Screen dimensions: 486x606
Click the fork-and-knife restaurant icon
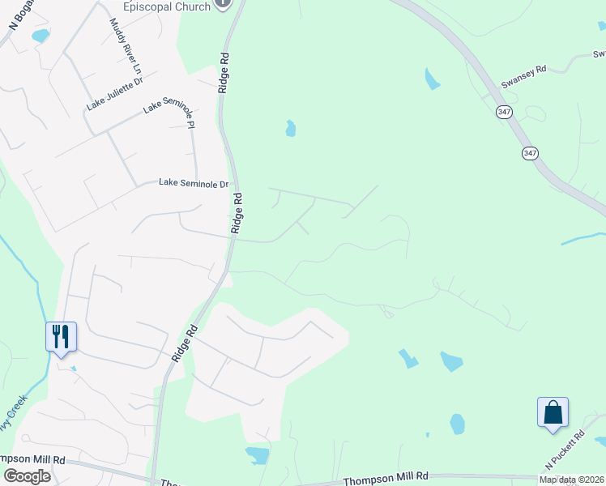point(61,336)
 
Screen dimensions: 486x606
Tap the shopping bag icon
point(553,411)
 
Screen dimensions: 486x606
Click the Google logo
point(27,476)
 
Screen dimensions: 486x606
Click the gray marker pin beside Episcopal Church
point(224,4)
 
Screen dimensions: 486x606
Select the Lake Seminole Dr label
point(194,184)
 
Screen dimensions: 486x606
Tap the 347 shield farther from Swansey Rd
point(531,153)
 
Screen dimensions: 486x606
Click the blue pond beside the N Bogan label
point(40,36)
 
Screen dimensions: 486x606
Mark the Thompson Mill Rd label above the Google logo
point(32,459)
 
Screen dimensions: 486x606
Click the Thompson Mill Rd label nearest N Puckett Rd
point(386,480)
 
